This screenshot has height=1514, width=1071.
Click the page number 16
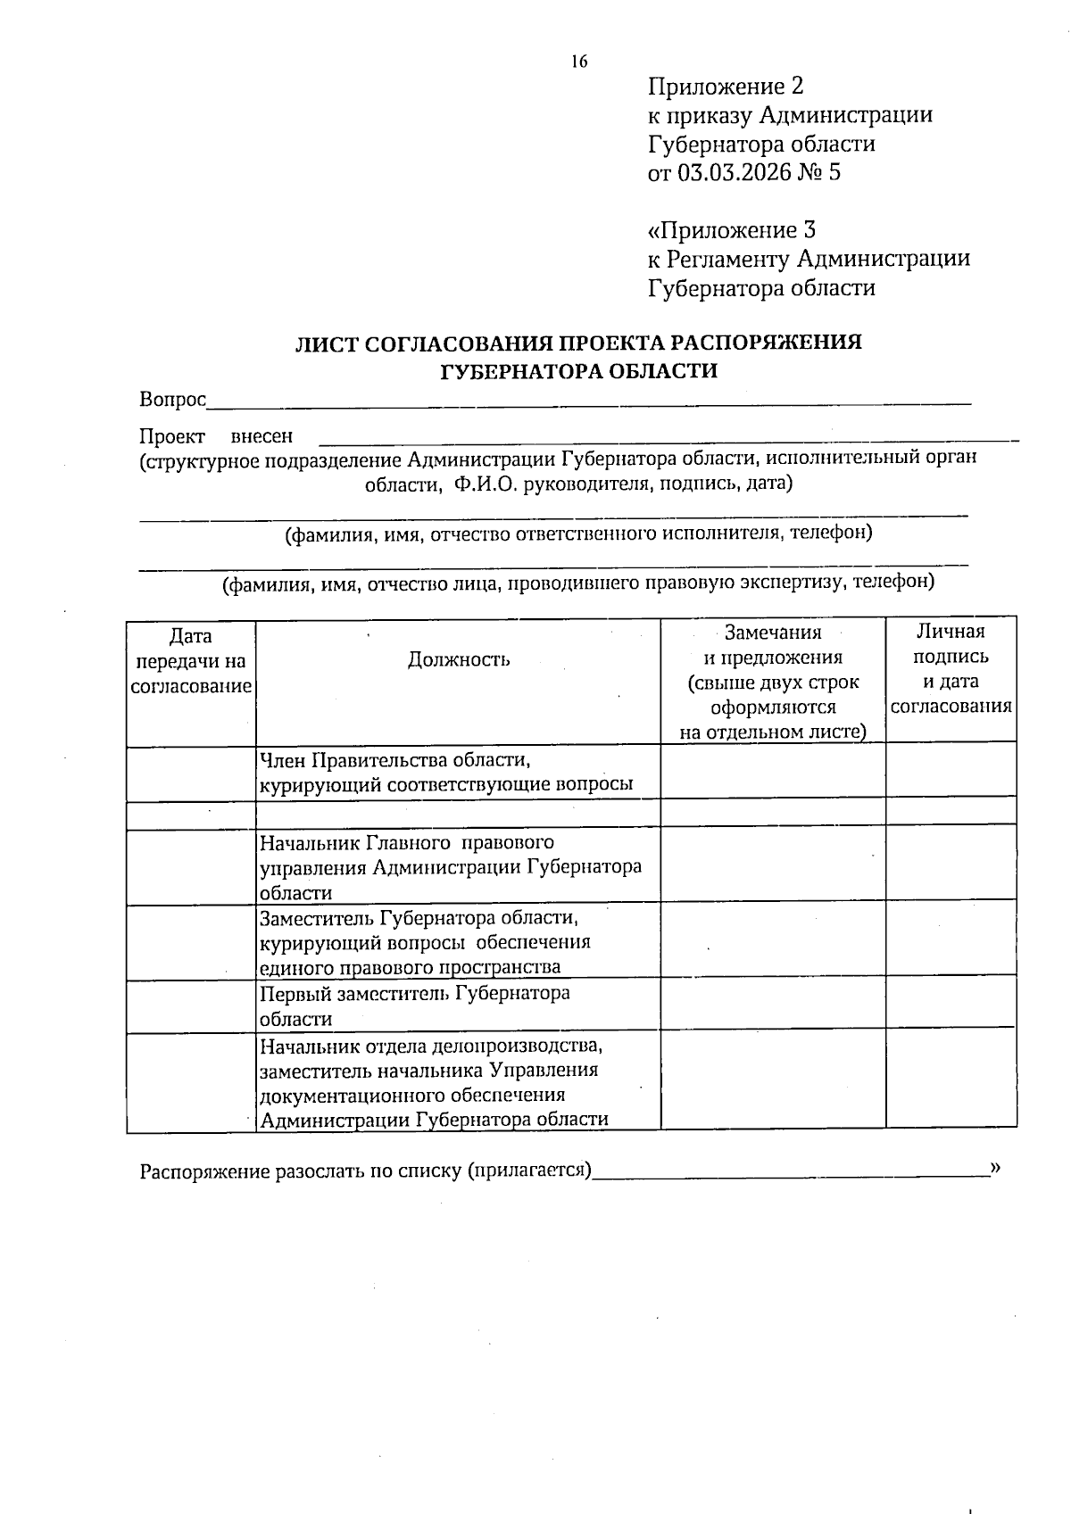tap(578, 62)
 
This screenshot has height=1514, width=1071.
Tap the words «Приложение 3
tap(731, 230)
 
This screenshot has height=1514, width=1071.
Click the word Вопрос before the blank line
tap(172, 400)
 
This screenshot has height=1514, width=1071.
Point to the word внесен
tap(262, 437)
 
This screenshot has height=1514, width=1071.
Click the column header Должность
tap(459, 659)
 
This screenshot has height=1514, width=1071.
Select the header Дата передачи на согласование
tap(190, 661)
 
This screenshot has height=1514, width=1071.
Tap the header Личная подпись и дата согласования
tap(951, 668)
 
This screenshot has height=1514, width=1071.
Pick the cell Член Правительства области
tap(446, 773)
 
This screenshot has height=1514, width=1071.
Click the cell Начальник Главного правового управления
tap(451, 867)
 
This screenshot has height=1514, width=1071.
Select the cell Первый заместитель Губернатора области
tap(415, 1006)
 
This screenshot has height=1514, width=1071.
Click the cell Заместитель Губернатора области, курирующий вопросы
tap(424, 942)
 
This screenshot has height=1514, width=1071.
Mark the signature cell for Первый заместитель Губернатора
tap(951, 1004)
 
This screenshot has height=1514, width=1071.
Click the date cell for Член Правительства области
tap(191, 773)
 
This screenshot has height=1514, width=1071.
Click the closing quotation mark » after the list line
tap(996, 1167)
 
